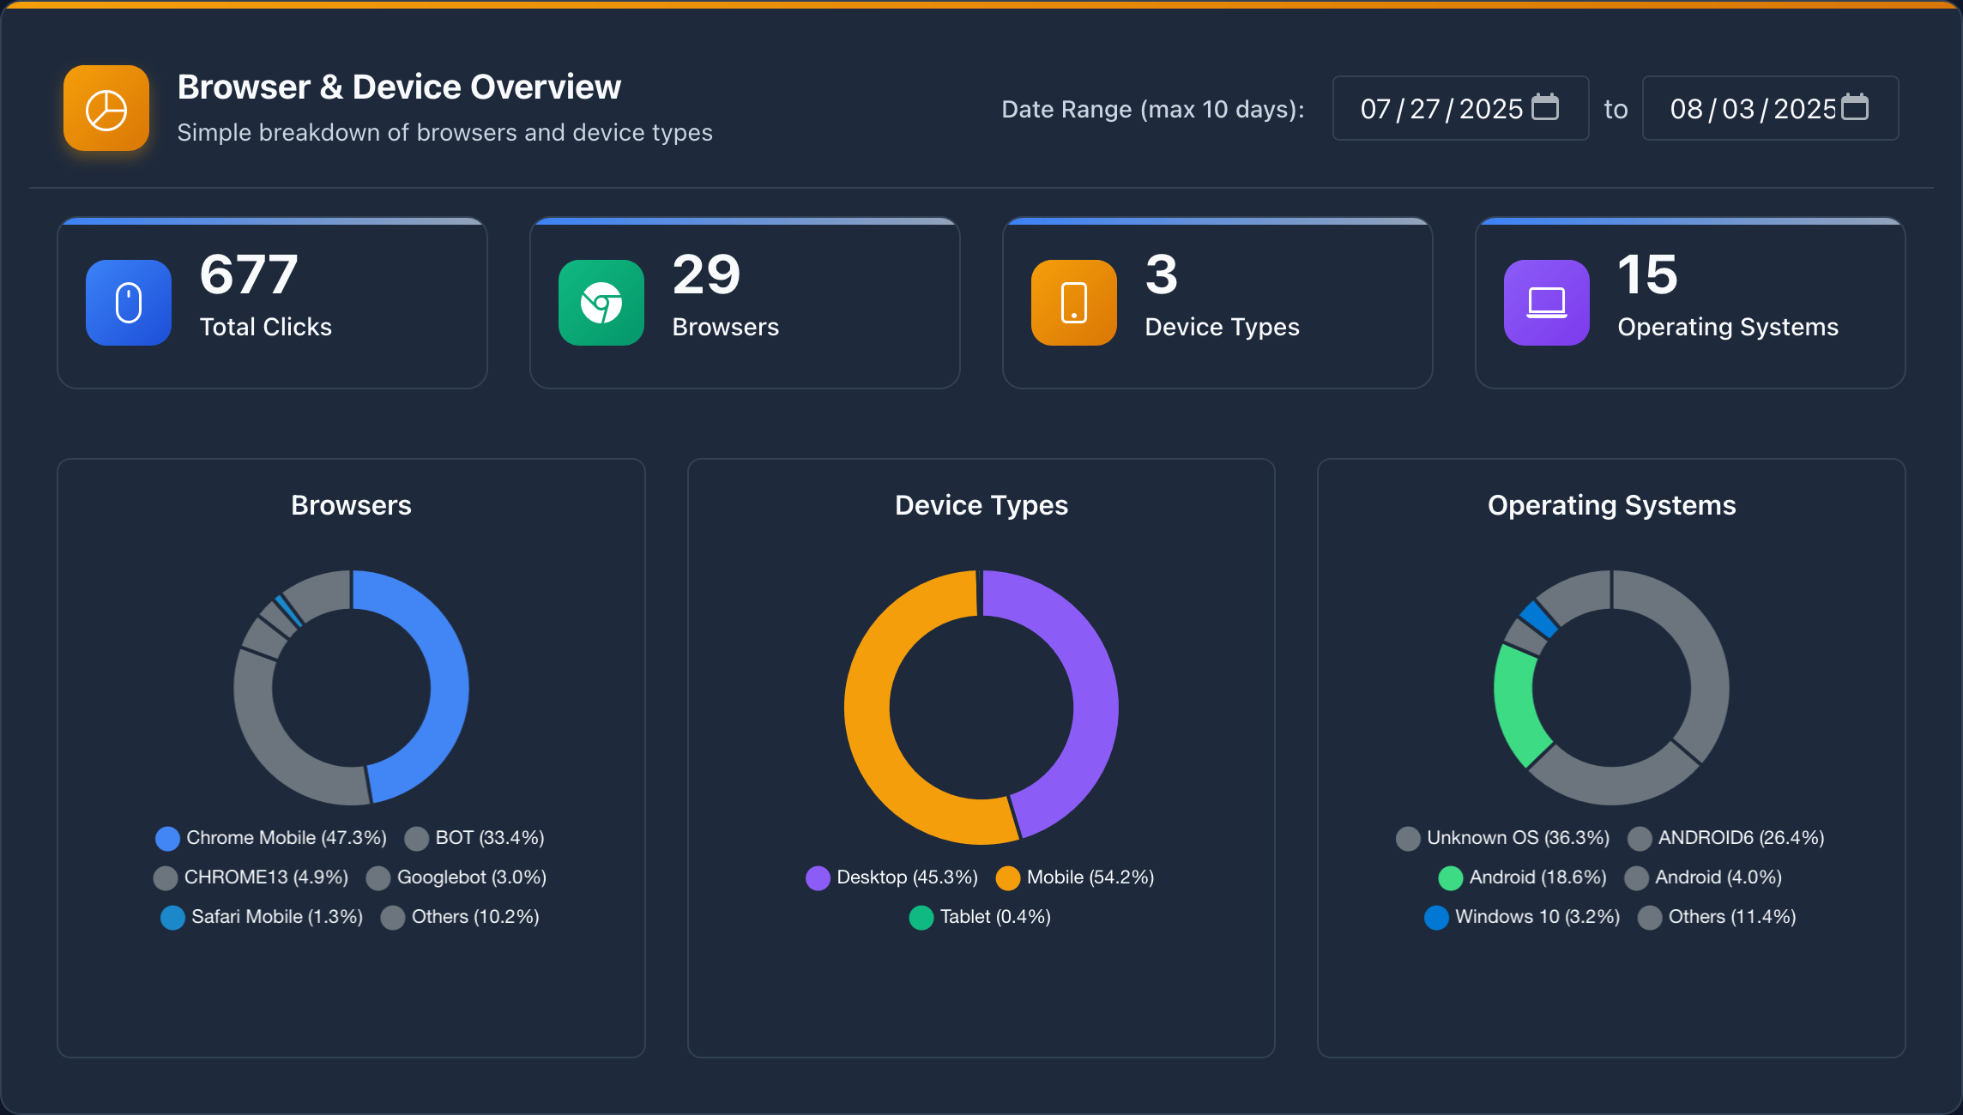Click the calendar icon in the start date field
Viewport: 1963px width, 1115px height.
point(1545,107)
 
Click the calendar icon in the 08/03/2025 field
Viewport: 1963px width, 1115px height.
point(1855,107)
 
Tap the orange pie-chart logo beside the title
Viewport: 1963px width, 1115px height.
point(106,109)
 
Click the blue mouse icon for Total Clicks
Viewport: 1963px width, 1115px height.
point(129,303)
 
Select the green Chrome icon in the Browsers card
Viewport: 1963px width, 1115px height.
point(601,303)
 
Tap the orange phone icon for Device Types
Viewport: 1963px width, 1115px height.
point(1074,303)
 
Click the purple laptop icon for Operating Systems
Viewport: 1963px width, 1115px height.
point(1547,303)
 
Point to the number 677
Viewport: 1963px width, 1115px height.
point(249,275)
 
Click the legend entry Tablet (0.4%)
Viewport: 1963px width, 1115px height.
point(981,917)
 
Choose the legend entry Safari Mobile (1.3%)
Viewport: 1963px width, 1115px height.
point(263,917)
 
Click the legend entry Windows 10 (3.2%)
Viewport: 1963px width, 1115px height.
point(1523,917)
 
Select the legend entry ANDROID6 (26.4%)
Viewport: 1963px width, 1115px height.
point(1726,838)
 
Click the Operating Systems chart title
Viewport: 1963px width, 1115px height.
point(1611,505)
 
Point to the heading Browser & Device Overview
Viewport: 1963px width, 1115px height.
point(399,87)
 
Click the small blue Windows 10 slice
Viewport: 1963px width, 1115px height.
point(1538,618)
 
